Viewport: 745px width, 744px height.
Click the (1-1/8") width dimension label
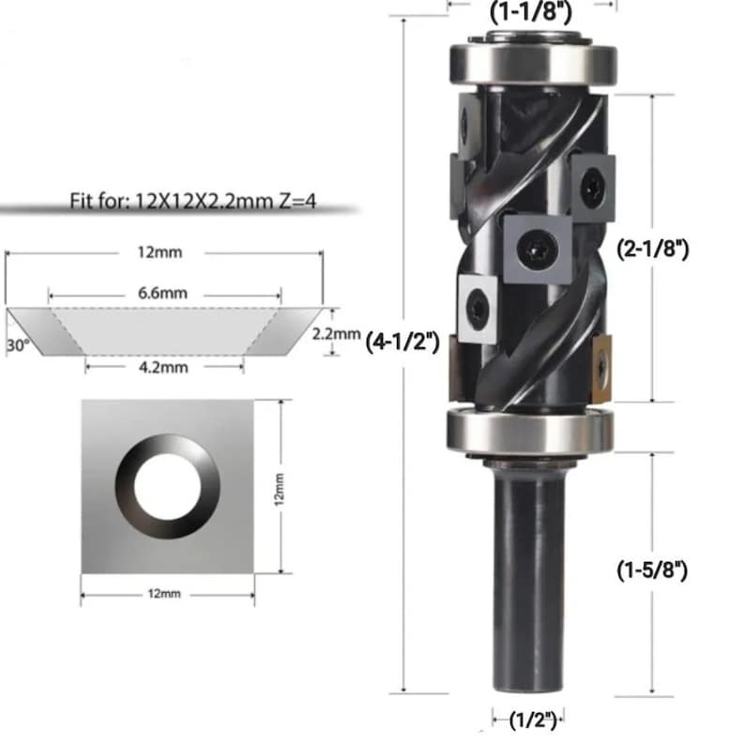point(531,12)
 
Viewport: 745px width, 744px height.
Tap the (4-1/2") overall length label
point(403,342)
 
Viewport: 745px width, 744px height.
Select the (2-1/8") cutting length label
point(652,249)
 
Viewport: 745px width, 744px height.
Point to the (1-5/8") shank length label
point(652,569)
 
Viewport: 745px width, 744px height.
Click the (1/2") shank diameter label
point(533,721)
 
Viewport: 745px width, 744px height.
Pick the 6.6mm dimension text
point(163,293)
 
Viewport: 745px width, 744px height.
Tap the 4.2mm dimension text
point(163,367)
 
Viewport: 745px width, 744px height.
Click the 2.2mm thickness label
point(336,333)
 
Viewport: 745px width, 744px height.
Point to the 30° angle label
point(18,345)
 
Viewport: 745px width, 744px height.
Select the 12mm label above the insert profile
point(160,251)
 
